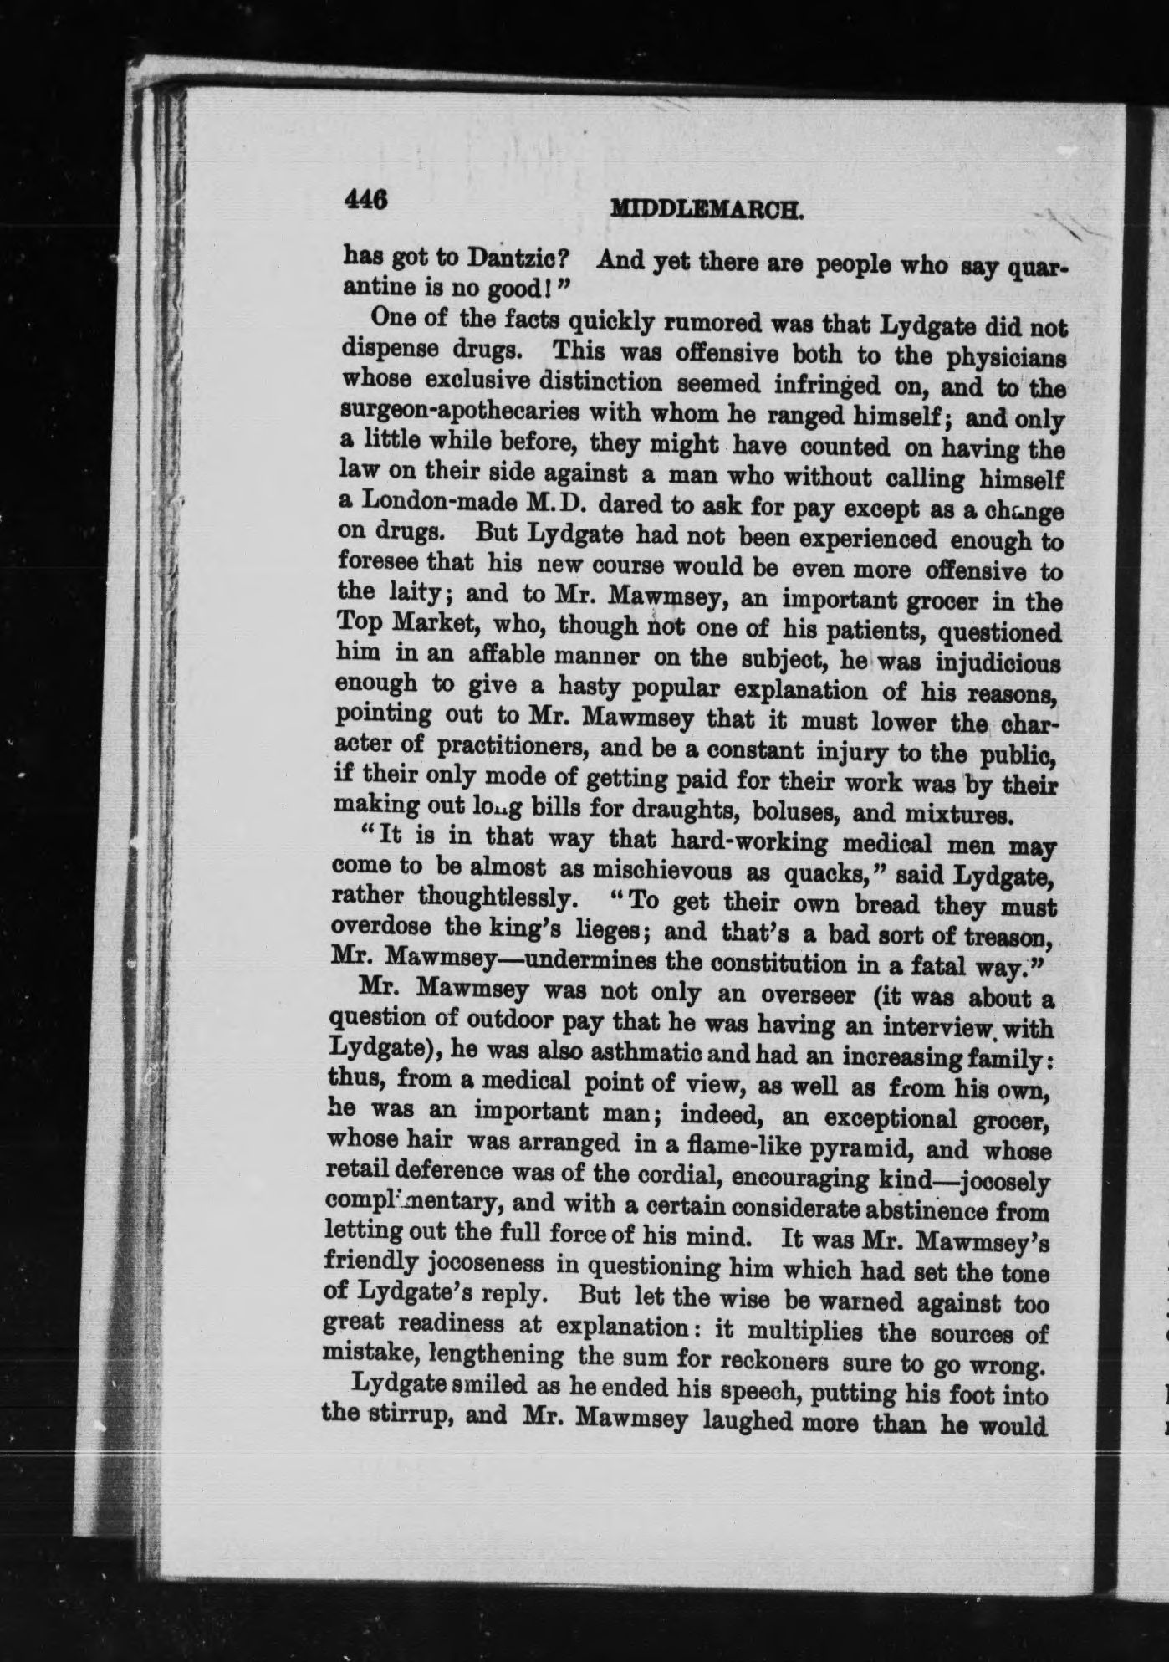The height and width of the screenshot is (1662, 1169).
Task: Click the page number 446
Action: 366,201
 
